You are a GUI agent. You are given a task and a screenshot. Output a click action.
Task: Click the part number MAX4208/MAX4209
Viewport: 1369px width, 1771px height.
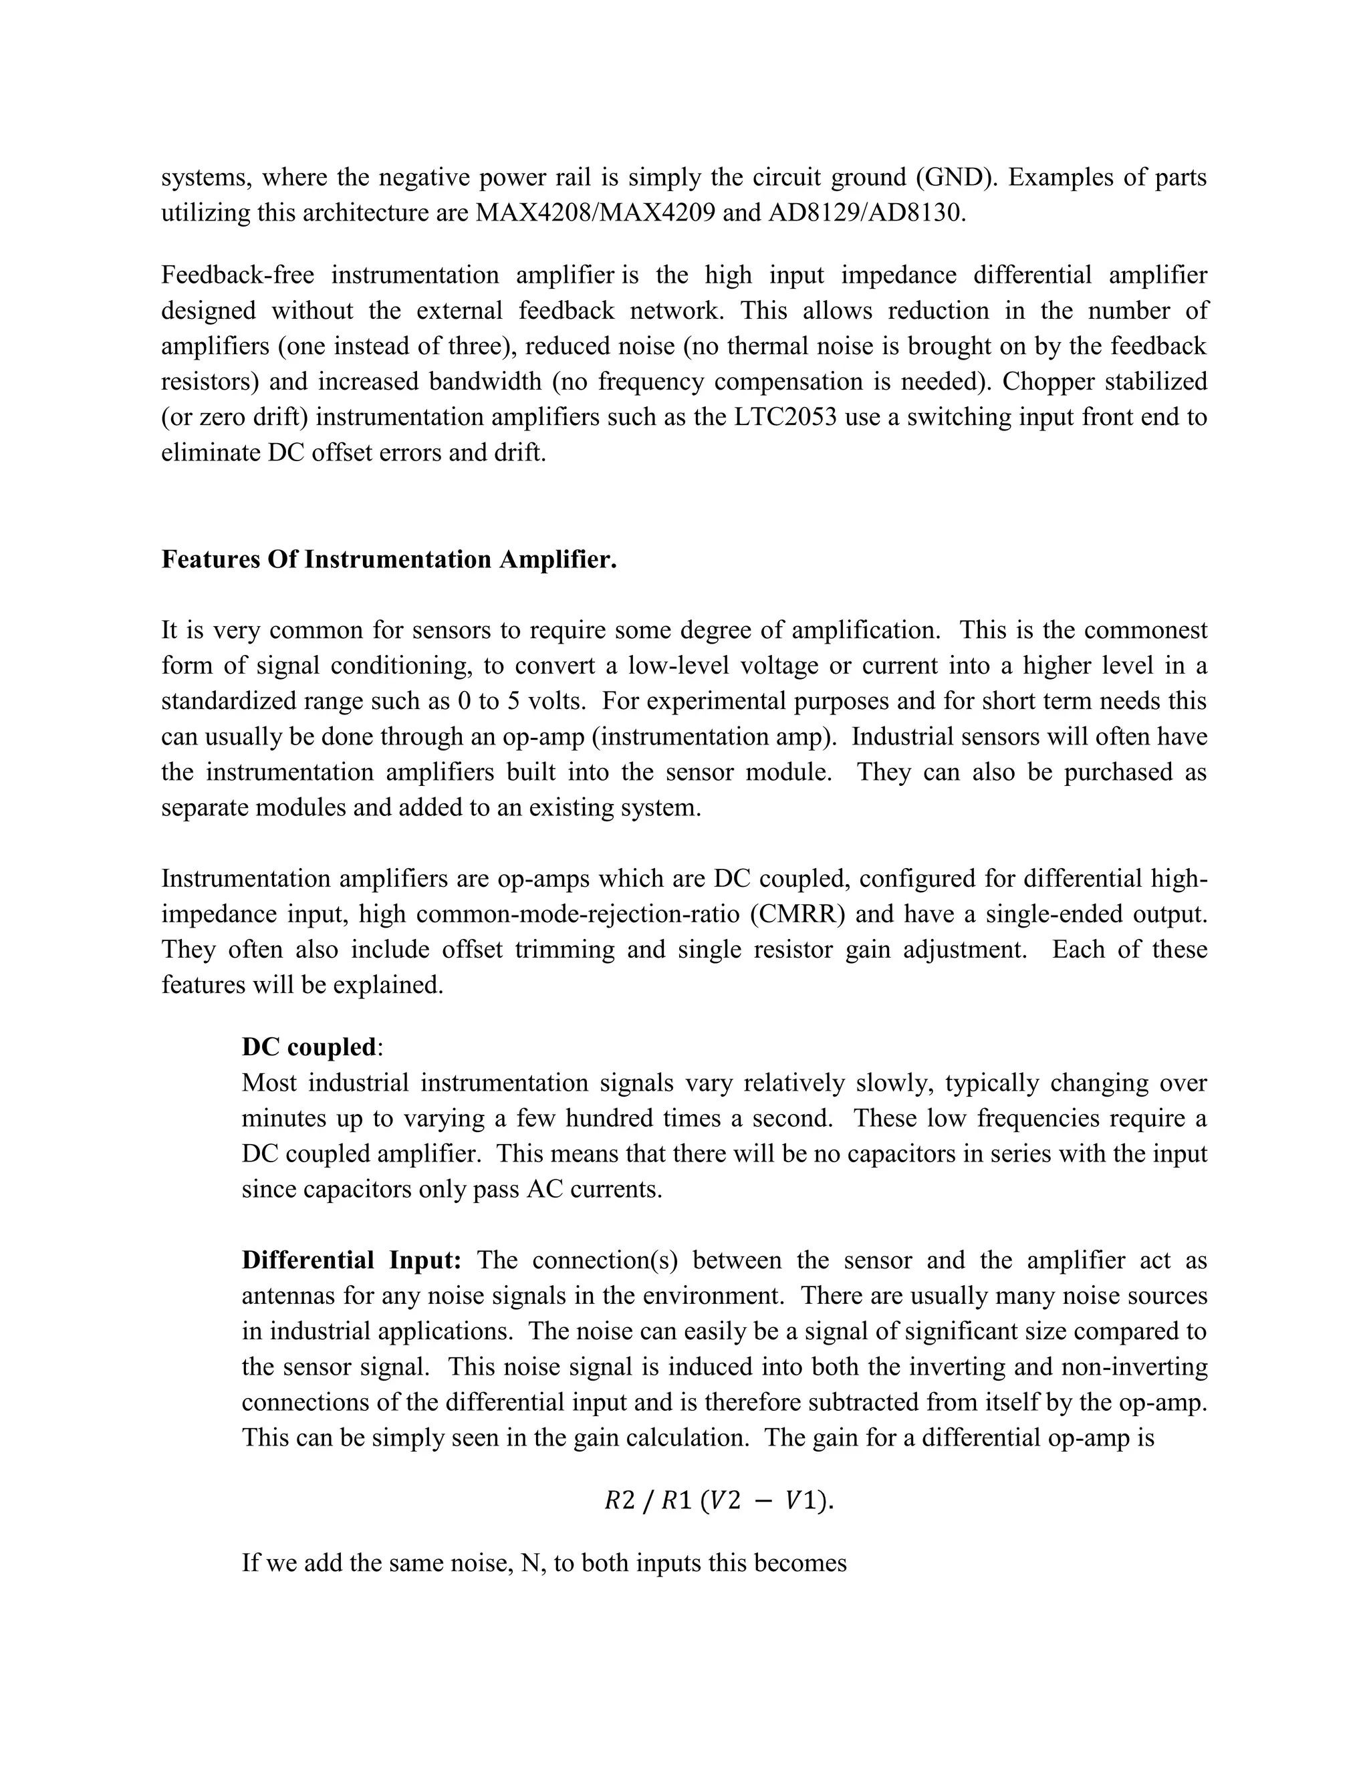point(596,213)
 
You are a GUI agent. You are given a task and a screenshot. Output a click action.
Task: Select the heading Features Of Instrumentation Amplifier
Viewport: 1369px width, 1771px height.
point(388,559)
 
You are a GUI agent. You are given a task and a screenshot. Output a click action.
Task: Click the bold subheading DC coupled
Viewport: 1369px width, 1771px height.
point(309,1047)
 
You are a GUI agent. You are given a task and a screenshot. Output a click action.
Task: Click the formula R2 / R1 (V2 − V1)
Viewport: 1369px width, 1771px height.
point(719,1501)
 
